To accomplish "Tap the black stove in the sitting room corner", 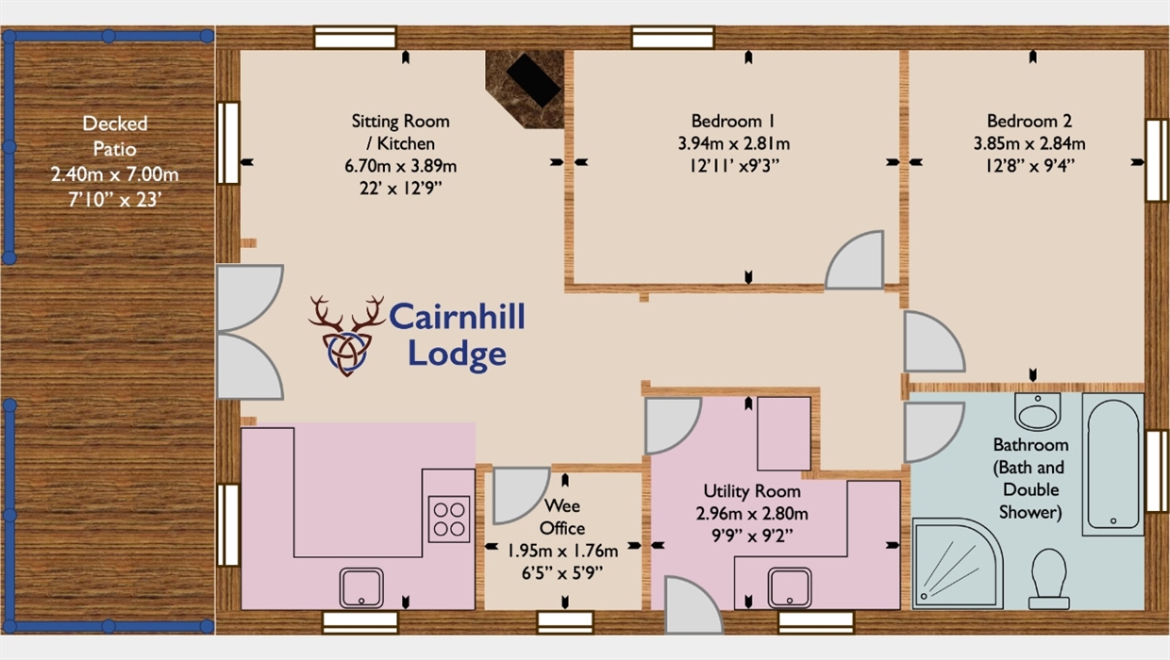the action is tap(533, 80).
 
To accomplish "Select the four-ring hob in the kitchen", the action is tap(449, 520).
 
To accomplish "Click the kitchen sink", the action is tap(361, 588).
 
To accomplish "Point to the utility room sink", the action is tap(789, 588).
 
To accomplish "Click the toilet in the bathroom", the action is tap(1049, 579).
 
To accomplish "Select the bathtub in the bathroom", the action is tap(1113, 464).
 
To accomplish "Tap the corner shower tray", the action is tap(958, 564).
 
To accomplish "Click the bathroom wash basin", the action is tap(1038, 411).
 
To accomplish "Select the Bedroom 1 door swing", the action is tap(855, 260).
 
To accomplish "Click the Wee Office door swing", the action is tap(520, 496).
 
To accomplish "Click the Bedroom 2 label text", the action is tap(1029, 121).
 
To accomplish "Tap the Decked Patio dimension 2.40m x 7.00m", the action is tap(114, 174).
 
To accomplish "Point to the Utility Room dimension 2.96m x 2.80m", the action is tap(752, 514).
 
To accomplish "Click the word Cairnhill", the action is tap(457, 317).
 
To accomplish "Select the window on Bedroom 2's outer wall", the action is tap(1157, 160).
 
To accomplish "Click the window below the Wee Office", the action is tap(565, 622).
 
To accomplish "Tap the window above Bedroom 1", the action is tap(673, 38).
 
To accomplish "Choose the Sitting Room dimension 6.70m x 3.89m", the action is tap(401, 166).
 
